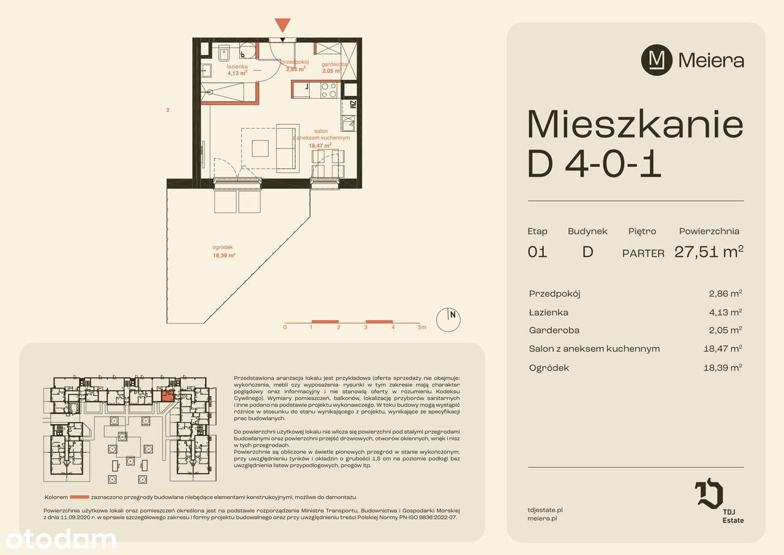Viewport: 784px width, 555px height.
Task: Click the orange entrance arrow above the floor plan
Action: (x=282, y=25)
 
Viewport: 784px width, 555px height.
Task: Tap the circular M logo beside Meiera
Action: (x=656, y=60)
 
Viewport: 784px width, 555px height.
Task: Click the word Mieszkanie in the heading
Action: (x=635, y=124)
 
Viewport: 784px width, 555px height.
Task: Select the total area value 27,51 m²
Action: (x=709, y=252)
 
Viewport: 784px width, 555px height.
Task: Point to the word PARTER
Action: (x=643, y=253)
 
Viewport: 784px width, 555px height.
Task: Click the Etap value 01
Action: (x=537, y=252)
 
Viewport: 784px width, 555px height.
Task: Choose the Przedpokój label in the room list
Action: (x=554, y=293)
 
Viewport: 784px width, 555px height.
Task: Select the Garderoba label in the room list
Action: (x=554, y=330)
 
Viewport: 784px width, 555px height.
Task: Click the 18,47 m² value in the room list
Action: (x=723, y=349)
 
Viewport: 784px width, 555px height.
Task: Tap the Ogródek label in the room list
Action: (x=549, y=368)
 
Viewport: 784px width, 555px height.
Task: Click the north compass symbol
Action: (x=448, y=318)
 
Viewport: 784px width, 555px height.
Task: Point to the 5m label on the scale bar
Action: (x=421, y=327)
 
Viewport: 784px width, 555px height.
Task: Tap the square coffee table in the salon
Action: (x=261, y=148)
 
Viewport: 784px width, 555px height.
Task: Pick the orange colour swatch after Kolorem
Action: (x=79, y=497)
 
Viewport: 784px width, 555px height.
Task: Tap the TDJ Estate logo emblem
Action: (x=709, y=495)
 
